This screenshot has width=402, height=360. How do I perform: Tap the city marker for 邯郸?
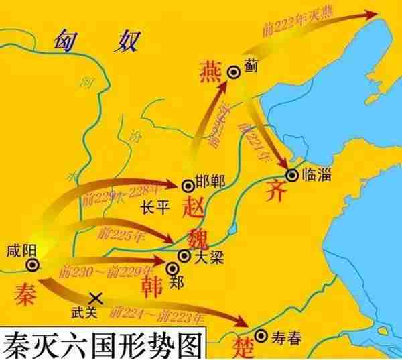point(187,184)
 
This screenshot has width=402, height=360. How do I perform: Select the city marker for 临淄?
point(293,174)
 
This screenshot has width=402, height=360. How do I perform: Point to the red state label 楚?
point(238,346)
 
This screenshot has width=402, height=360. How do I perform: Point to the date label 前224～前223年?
point(156,313)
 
